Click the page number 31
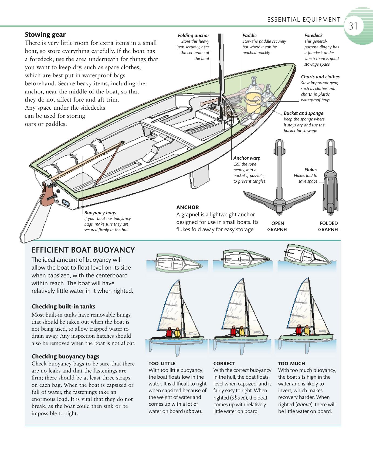353,26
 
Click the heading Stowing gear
45,35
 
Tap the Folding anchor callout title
193,35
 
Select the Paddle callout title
249,35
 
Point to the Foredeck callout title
313,35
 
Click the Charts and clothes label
320,77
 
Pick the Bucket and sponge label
303,113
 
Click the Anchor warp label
247,158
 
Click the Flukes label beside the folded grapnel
311,170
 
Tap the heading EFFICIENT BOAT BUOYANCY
83,250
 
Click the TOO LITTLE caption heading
162,364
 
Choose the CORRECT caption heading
224,364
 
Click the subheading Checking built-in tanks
63,307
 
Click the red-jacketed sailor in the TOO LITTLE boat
169,333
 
